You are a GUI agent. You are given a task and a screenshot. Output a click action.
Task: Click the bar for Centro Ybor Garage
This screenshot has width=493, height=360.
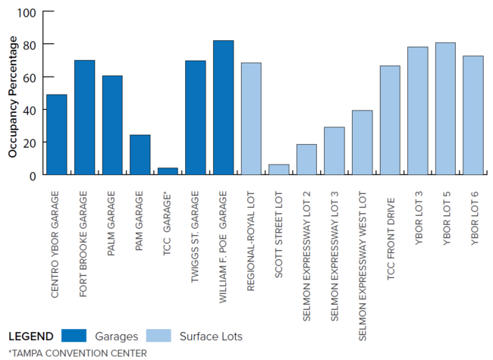pos(56,135)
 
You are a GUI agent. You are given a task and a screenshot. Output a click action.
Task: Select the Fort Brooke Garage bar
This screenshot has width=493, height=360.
pos(84,117)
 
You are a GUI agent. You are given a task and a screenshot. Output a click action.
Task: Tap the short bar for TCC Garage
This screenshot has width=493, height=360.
pos(168,171)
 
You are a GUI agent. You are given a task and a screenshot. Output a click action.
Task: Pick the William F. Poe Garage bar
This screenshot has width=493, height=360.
pos(223,108)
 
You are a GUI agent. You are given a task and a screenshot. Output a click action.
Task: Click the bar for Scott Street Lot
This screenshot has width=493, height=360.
pos(278,170)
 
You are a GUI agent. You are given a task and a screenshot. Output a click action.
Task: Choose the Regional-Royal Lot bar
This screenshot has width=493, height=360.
pos(251,119)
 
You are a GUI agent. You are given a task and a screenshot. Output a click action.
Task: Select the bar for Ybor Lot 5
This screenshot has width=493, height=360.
pos(445,109)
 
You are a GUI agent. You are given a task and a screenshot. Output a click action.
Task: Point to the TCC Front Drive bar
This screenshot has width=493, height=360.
pos(390,121)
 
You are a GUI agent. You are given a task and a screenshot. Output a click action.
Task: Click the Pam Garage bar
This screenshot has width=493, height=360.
pos(140,155)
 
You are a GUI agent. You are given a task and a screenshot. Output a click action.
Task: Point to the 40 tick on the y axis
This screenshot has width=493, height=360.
pos(30,110)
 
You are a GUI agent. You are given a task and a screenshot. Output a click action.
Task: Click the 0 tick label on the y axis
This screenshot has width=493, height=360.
pos(33,175)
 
